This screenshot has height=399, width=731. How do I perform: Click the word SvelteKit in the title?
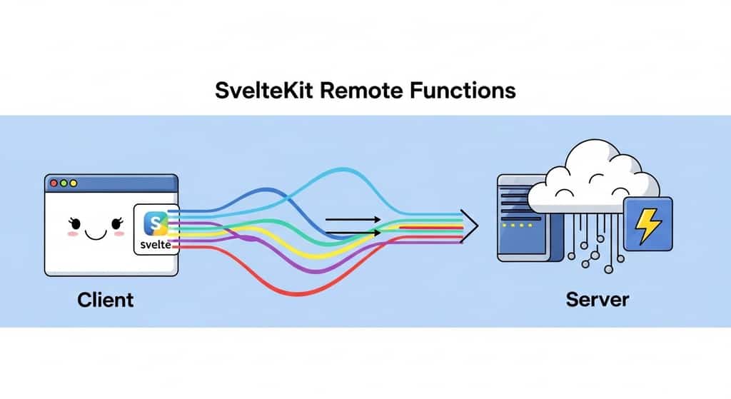tap(261, 91)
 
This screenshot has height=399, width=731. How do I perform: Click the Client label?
tap(105, 298)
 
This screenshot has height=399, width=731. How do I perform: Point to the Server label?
tap(598, 298)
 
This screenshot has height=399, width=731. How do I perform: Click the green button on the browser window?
tap(74, 183)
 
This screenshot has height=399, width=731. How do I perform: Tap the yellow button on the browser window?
tap(64, 183)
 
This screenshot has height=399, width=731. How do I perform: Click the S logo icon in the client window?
tap(155, 223)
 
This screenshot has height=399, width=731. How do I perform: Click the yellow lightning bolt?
tap(648, 224)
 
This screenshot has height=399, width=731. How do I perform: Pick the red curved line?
tap(300, 291)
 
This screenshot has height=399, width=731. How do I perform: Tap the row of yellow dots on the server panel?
tap(515, 225)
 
